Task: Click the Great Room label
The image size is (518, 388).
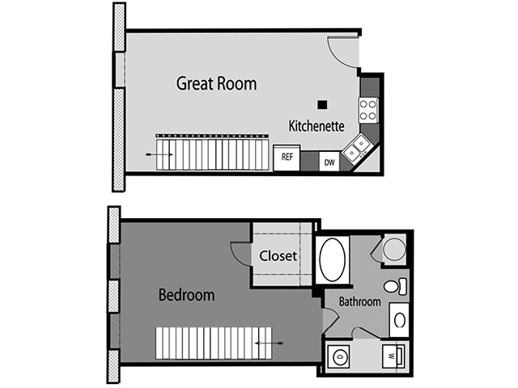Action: coord(216,83)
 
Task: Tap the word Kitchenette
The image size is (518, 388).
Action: coord(316,126)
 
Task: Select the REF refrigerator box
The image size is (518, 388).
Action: coord(287,158)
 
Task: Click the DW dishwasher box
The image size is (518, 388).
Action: coord(329,162)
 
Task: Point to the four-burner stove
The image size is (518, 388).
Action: coord(368,109)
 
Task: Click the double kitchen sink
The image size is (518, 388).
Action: coord(357,149)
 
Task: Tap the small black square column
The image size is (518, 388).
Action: coord(322,104)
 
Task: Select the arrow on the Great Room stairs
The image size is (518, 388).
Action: coord(153,154)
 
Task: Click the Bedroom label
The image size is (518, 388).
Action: coord(186,295)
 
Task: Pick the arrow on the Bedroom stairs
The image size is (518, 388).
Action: coord(270,343)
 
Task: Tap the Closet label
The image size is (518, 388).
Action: coord(278,256)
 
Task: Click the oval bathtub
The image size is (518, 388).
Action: coord(332,259)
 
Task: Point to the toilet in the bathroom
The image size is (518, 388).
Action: coord(394,286)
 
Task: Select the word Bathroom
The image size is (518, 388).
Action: coord(359,302)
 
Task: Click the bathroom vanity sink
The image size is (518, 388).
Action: coord(399,319)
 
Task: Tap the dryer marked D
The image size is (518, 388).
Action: coord(339,355)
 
